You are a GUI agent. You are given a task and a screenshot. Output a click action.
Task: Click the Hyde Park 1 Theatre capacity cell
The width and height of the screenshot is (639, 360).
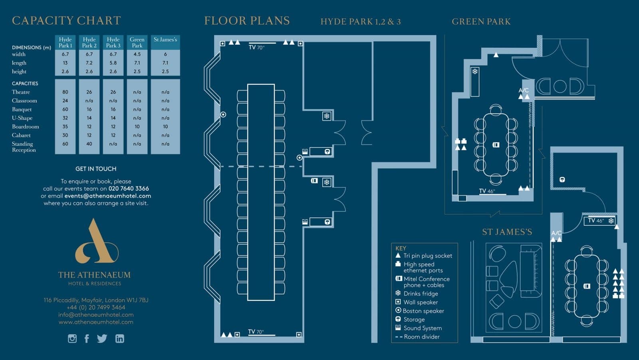[x=65, y=92]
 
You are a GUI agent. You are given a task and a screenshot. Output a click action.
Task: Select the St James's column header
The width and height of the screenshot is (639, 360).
[x=165, y=40]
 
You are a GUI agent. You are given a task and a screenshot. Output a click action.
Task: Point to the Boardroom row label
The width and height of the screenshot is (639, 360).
[x=26, y=127]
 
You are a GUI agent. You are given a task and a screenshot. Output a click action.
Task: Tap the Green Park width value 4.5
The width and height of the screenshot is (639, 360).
[x=137, y=54]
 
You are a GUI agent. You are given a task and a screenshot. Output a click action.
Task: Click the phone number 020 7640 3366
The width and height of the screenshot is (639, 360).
[x=129, y=189]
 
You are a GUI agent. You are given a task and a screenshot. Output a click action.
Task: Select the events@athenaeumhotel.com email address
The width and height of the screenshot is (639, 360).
[x=107, y=196]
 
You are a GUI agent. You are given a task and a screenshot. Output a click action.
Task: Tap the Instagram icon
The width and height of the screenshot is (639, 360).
[x=72, y=338]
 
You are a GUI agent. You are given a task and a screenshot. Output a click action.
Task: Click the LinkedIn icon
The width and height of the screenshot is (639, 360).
[x=119, y=338]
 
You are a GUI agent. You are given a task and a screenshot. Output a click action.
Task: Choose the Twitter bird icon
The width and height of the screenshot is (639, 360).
[x=102, y=338]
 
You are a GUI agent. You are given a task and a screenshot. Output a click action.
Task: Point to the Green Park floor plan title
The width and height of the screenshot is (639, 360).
[x=481, y=22]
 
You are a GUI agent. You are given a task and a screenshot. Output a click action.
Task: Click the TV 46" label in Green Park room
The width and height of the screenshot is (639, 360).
[x=487, y=191]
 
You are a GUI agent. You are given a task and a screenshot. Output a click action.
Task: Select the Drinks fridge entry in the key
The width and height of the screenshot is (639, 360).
[x=417, y=294]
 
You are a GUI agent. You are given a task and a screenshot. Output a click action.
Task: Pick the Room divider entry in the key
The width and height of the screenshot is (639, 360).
[x=417, y=336]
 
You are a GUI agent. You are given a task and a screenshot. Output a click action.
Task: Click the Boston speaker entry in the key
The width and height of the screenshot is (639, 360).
[x=420, y=310]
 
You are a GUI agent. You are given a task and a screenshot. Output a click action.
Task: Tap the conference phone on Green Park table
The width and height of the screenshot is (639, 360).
[x=496, y=145]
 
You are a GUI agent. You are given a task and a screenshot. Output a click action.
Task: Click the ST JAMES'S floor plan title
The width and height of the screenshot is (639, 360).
[x=507, y=232]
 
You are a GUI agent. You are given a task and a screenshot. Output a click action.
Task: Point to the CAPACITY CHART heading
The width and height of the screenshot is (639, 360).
[x=66, y=20]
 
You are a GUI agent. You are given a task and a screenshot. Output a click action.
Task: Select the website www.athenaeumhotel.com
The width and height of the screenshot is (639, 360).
[x=96, y=322]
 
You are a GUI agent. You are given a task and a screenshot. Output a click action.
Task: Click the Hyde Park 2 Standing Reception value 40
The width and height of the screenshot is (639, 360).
[x=89, y=144]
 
